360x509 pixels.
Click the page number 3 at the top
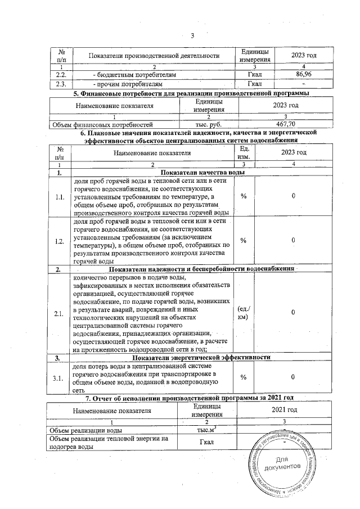pos(192,37)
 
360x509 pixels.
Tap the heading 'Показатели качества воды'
pos(202,172)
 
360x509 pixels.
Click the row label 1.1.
pos(60,197)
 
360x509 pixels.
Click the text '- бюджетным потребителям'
pos(134,74)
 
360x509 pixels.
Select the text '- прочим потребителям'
pos(130,84)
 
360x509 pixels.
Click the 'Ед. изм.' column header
pos(245,152)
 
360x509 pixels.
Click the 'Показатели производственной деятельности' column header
pos(154,55)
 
